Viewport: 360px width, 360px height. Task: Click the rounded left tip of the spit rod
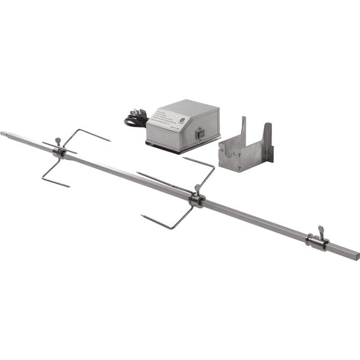pos(3,133)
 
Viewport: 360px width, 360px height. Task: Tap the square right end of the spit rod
pos(356,254)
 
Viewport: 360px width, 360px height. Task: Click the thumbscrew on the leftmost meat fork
pos(57,140)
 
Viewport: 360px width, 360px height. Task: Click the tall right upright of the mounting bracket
pos(268,141)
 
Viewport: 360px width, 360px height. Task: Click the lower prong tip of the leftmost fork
pos(68,185)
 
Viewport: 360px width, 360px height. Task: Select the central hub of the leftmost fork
pos(58,153)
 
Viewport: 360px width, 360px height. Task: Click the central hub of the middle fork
pos(196,200)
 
